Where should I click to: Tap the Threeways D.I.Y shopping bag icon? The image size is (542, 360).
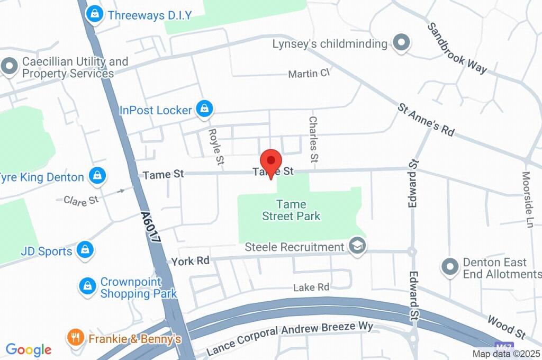pos(95,14)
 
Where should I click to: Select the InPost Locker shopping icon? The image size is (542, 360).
pos(204,110)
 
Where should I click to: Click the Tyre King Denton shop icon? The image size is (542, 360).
pos(97,177)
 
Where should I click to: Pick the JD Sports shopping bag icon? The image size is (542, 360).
pos(85,250)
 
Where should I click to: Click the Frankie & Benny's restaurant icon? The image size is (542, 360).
pos(76,337)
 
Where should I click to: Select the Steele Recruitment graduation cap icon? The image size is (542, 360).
pos(358,247)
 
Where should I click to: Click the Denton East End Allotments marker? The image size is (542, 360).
pos(450,267)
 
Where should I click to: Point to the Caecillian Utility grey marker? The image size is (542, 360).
pos(9,67)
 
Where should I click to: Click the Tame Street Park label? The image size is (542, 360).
pos(291,210)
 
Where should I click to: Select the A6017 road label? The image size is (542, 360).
pos(151,227)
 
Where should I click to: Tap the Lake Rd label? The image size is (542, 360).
pos(311,287)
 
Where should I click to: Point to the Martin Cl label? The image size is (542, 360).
pos(309,74)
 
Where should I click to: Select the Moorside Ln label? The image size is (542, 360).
pos(527,199)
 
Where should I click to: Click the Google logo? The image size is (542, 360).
pos(29,349)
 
